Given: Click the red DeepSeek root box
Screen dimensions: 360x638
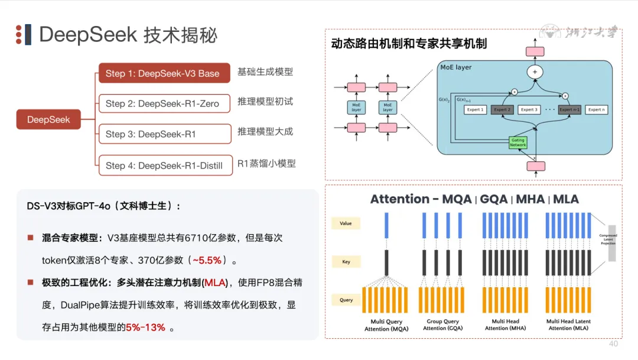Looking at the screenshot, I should (x=48, y=119).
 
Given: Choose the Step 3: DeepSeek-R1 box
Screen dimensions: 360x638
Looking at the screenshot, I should (x=164, y=134).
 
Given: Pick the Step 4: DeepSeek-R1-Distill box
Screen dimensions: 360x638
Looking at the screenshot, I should (x=164, y=166).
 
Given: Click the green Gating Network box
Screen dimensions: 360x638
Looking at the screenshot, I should (x=517, y=142).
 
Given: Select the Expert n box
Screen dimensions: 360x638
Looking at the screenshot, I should (x=596, y=109).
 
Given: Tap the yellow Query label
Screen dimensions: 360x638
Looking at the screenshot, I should (x=346, y=300).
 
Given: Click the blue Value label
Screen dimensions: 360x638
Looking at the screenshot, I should (x=346, y=223).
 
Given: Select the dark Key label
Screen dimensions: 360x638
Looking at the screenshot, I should (x=346, y=261).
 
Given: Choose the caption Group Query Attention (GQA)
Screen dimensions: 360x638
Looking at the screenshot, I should (x=443, y=325).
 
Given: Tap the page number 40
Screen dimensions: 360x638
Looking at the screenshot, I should (x=613, y=343).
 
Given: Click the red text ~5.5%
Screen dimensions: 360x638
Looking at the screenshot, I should (x=210, y=260).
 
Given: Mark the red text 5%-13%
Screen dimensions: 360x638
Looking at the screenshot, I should (x=145, y=327).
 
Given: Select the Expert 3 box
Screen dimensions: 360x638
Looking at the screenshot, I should (x=529, y=109).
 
